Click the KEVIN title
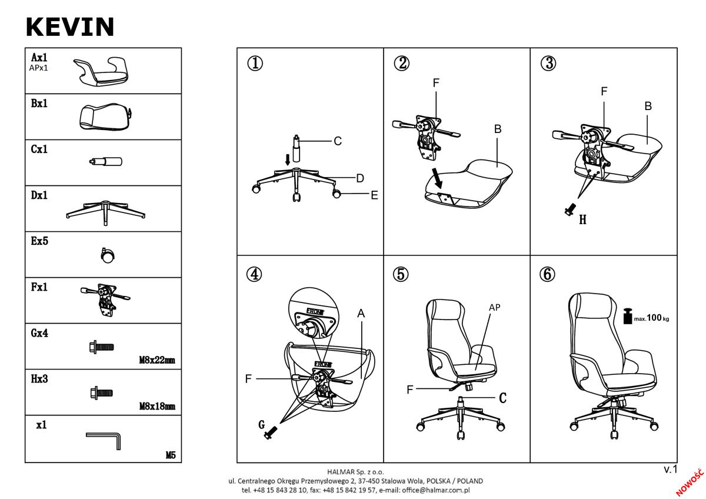(x=70, y=27)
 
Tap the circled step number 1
(x=255, y=63)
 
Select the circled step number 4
(x=254, y=274)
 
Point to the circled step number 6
(x=547, y=274)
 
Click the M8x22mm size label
(x=157, y=360)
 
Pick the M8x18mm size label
(x=157, y=406)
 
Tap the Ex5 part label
(x=39, y=241)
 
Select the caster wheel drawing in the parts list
(x=108, y=255)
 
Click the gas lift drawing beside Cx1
(x=105, y=162)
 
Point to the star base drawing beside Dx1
(x=105, y=212)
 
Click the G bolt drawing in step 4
(x=271, y=432)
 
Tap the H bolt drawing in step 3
(x=570, y=209)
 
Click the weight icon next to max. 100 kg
(x=628, y=316)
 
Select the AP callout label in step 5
(x=495, y=307)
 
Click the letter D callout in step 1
(x=360, y=178)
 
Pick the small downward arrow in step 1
(x=288, y=159)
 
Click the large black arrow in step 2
(x=437, y=178)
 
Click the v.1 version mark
(x=670, y=470)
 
